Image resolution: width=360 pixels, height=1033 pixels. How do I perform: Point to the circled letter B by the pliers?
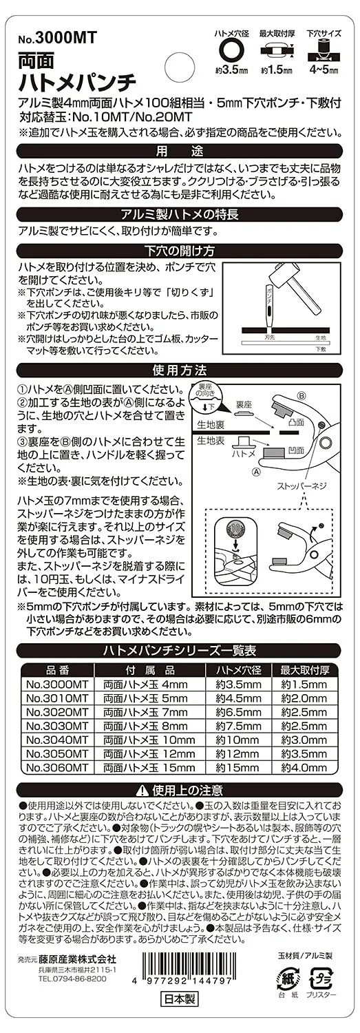coord(301,395)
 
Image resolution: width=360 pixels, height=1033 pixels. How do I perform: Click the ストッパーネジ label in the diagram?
coord(302,486)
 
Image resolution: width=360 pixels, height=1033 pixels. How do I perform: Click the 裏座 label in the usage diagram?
coord(244,404)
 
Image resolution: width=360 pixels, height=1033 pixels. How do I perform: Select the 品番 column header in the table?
coord(57,669)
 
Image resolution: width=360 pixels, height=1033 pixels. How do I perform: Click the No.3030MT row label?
coord(57,726)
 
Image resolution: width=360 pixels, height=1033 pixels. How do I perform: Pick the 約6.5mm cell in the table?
coord(238,712)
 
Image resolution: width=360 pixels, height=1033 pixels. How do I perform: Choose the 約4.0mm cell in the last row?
coord(304,768)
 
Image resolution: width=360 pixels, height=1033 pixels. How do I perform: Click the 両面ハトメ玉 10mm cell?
coord(149,740)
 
